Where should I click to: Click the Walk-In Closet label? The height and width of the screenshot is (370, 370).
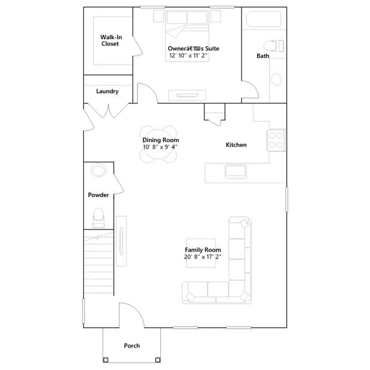pyautogui.click(x=111, y=40)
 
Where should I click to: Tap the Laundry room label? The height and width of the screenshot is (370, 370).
pyautogui.click(x=108, y=91)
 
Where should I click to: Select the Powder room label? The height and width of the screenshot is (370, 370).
pyautogui.click(x=98, y=195)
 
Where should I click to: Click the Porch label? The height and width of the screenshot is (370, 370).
pyautogui.click(x=132, y=346)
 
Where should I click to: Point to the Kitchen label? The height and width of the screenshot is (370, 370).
pyautogui.click(x=236, y=145)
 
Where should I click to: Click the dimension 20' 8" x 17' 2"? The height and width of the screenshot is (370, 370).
pyautogui.click(x=203, y=257)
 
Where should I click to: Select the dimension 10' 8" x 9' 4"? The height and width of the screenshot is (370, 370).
pyautogui.click(x=160, y=147)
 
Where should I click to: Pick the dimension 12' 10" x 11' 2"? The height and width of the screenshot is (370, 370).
pyautogui.click(x=188, y=55)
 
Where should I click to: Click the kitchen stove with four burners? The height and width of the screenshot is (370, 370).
pyautogui.click(x=276, y=140)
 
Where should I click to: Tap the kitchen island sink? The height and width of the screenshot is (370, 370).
pyautogui.click(x=236, y=171)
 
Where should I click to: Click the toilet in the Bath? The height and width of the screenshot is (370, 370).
pyautogui.click(x=273, y=46)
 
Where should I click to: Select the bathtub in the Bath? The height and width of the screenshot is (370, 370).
pyautogui.click(x=264, y=19)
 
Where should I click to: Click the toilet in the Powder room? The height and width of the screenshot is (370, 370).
pyautogui.click(x=98, y=217)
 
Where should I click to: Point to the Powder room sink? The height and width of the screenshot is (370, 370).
pyautogui.click(x=99, y=170)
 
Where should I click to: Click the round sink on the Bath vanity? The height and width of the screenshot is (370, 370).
pyautogui.click(x=276, y=79)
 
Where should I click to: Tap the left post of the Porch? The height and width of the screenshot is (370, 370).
pyautogui.click(x=106, y=360)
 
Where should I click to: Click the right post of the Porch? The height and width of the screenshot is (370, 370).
pyautogui.click(x=158, y=360)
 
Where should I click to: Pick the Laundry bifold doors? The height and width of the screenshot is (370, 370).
pyautogui.click(x=108, y=110)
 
